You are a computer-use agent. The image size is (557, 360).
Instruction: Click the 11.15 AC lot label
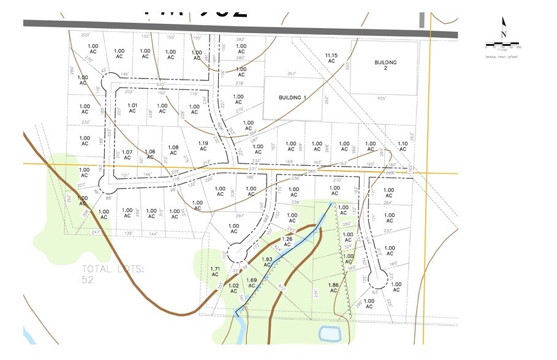332,58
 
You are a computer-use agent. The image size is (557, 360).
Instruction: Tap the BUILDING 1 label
292,97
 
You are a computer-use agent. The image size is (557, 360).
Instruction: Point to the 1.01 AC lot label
132,108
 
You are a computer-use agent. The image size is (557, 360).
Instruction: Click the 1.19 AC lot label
203,146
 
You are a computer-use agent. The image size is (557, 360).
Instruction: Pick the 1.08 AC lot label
173,150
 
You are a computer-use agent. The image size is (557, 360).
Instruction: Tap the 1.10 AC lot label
403,147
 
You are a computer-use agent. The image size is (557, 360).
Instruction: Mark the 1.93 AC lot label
267,262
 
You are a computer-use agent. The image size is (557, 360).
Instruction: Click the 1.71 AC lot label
215,272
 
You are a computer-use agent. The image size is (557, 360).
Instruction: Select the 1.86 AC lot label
333,288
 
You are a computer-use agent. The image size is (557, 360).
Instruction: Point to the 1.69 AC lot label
251,283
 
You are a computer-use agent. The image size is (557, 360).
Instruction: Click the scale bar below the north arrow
503,45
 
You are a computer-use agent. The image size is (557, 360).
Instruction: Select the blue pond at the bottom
329,334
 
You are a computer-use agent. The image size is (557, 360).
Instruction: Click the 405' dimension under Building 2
382,98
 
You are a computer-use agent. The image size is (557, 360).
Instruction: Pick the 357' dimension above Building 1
292,73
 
